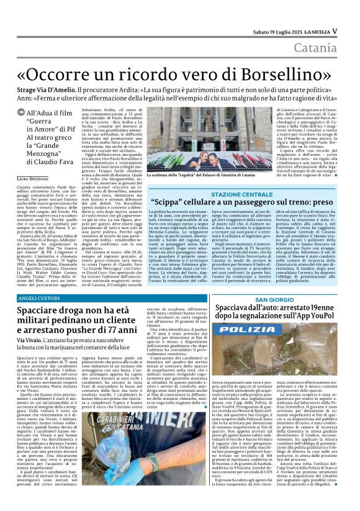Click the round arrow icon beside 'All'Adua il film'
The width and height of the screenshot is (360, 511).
pyautogui.click(x=21, y=112)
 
